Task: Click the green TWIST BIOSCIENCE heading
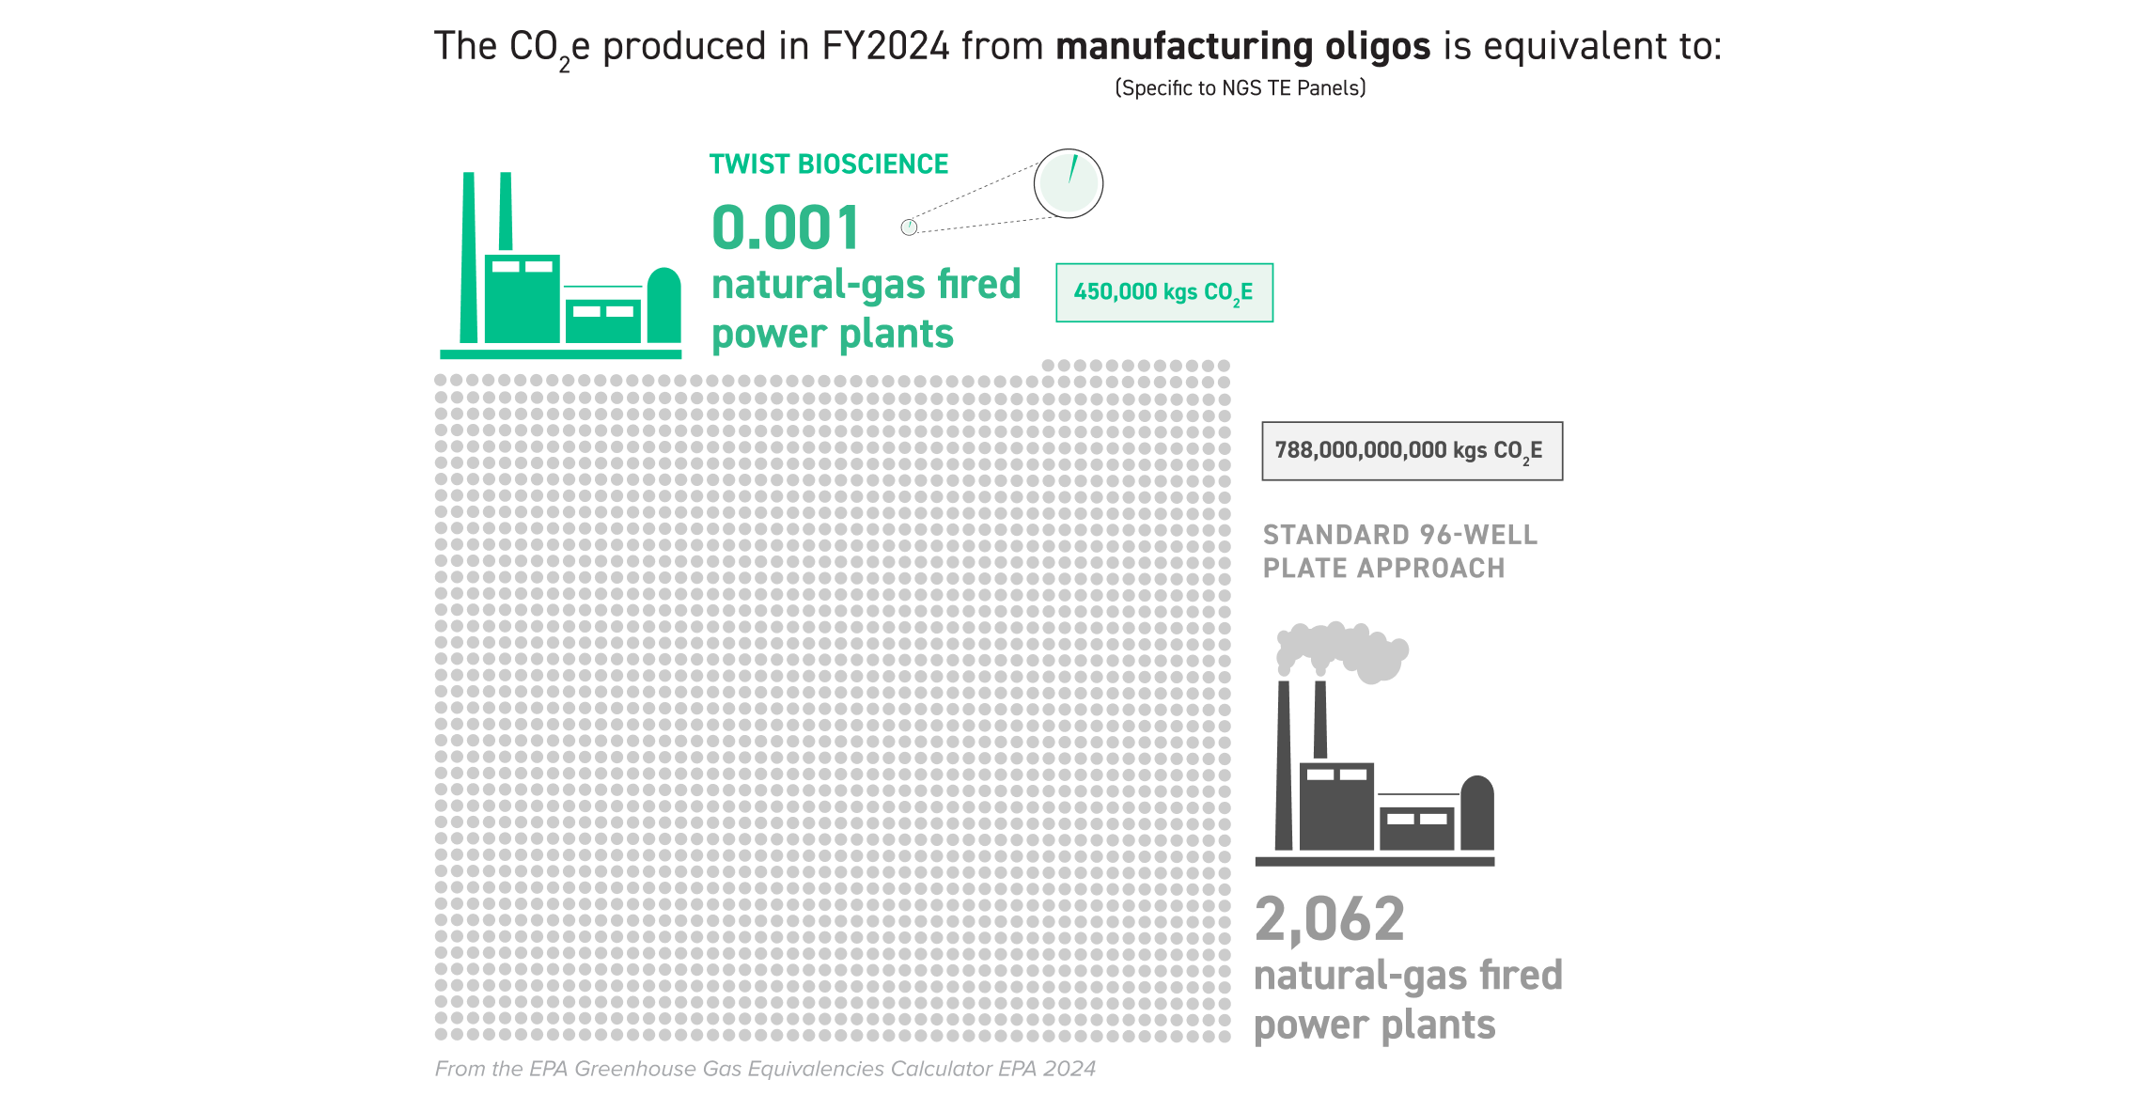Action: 829,164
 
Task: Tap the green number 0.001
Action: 786,227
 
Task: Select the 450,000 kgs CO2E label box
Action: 1164,292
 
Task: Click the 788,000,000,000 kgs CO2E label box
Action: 1412,451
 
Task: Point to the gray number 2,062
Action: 1330,918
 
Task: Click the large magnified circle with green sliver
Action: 1069,183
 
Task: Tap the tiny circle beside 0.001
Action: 909,227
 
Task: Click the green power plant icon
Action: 561,265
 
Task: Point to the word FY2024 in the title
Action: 885,46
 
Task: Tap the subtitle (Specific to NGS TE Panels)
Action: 1241,88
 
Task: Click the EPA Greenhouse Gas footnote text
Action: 765,1069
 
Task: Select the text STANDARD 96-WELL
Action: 1400,535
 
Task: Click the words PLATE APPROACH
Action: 1383,568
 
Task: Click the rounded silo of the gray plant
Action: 1477,812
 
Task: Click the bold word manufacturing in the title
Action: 1184,46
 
